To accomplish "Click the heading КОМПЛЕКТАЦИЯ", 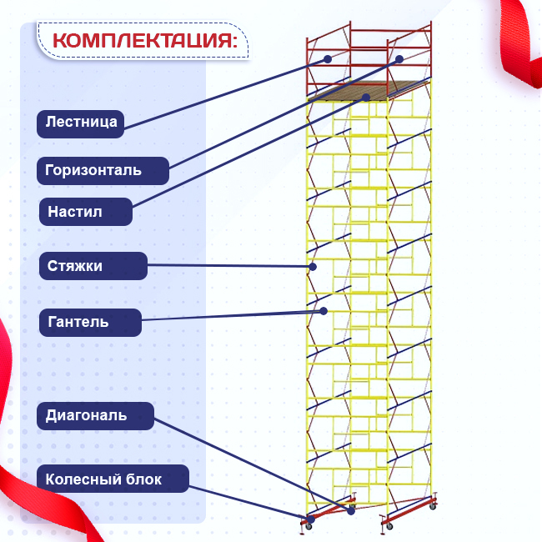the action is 145,41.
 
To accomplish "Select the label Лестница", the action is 81,124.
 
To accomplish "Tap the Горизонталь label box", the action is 103,171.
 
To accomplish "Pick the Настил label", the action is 86,212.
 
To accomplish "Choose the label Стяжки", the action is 93,266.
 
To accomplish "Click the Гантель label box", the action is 90,323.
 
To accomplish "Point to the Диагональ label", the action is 95,416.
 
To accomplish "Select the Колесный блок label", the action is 113,479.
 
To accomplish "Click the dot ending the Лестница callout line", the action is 328,59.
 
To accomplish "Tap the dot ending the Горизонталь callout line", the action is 399,59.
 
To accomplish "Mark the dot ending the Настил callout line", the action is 366,98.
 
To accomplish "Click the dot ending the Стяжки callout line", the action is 313,267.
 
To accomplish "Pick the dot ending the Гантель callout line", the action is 324,311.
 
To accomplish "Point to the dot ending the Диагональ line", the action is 351,510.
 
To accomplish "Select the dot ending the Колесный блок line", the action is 310,519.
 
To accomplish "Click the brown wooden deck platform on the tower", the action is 369,91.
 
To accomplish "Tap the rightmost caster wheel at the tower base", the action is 433,507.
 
